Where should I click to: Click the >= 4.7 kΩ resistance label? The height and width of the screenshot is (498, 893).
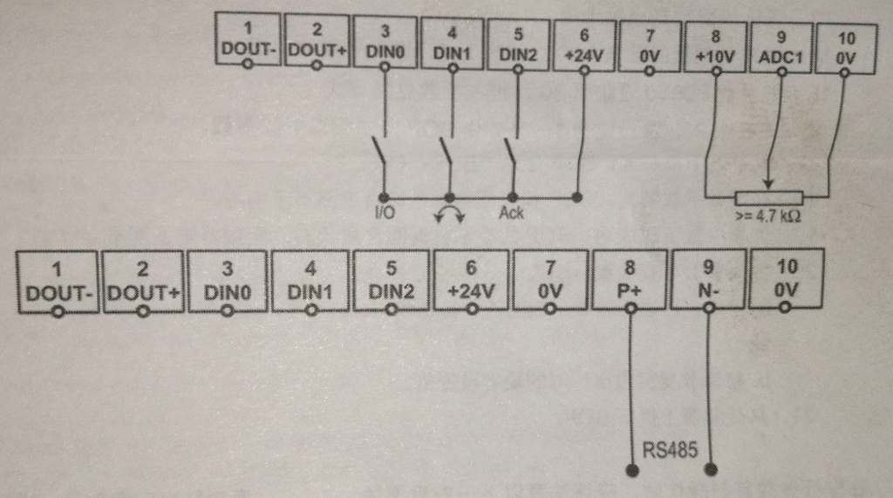[767, 216]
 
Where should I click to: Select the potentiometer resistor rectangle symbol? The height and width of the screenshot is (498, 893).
[767, 196]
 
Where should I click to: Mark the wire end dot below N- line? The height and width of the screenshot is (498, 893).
[711, 470]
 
